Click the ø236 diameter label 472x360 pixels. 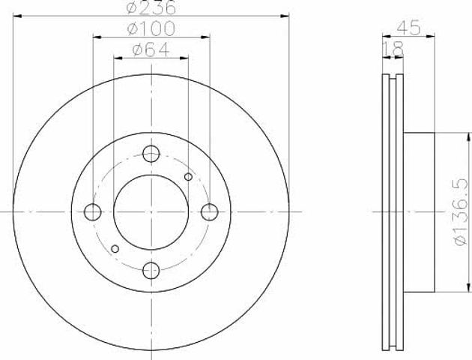(151, 7)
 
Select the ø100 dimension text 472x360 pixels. (151, 28)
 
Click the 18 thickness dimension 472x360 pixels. (393, 49)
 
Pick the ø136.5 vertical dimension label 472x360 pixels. (462, 212)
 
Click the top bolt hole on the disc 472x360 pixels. (151, 154)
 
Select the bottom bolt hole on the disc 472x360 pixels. (151, 270)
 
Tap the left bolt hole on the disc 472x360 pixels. (93, 212)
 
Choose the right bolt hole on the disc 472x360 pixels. (209, 212)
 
